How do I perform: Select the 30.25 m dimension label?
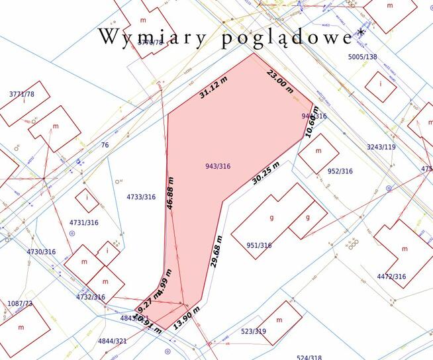point(265,173)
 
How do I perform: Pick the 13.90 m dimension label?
point(187,320)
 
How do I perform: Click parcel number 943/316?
point(218,166)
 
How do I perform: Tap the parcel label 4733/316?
point(141,197)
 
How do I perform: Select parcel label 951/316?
point(259,246)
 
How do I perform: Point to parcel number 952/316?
point(340,171)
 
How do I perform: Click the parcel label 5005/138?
point(362,57)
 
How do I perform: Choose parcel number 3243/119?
point(381,147)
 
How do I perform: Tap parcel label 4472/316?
point(391,276)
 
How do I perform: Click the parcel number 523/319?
point(253,331)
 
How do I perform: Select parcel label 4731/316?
point(83,222)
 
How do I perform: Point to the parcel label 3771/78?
point(22,94)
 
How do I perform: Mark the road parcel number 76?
point(105,145)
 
